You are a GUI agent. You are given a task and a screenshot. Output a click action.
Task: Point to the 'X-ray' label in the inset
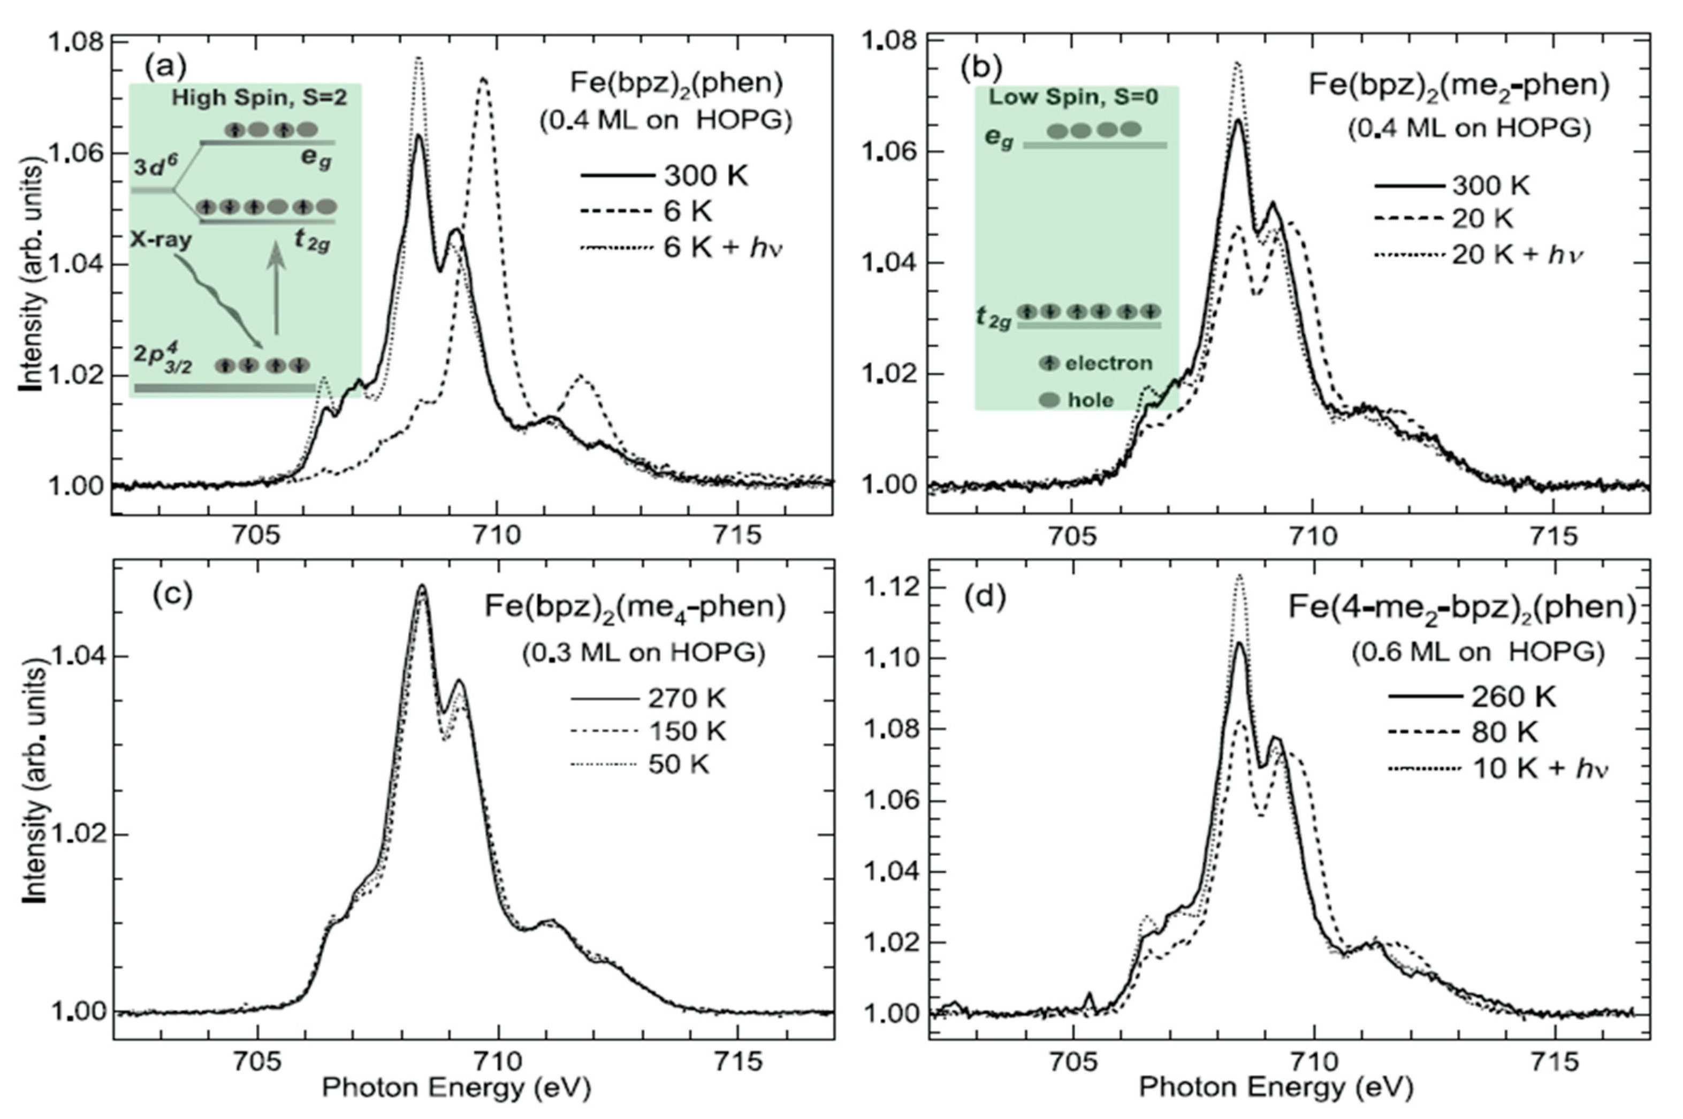[161, 240]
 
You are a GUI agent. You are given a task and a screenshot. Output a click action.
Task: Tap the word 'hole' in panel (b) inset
[1091, 400]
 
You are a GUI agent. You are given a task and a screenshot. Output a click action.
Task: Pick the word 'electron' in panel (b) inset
[1108, 363]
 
